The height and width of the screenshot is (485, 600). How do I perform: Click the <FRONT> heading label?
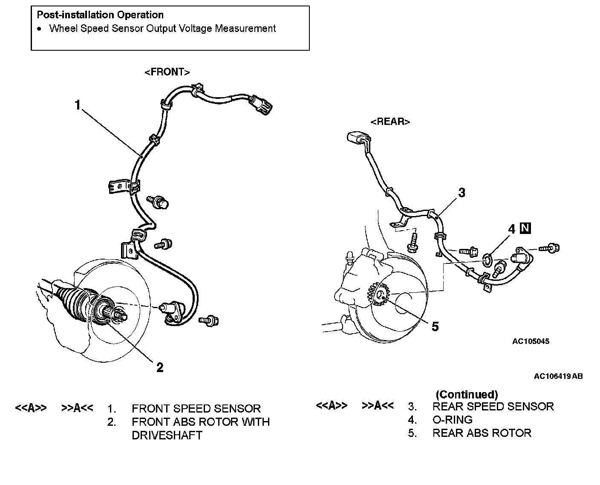click(167, 72)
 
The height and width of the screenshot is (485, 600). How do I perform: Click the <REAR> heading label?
click(390, 121)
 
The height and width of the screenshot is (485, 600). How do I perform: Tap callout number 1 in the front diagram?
click(78, 105)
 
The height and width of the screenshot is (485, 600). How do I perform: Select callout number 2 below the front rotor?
click(160, 367)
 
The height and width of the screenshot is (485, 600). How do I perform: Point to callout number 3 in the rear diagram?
click(462, 193)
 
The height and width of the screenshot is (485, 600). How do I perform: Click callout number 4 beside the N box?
click(511, 229)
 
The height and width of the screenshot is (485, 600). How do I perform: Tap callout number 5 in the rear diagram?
click(435, 327)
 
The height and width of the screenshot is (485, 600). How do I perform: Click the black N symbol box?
click(525, 228)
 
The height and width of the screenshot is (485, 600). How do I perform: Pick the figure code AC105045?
click(531, 341)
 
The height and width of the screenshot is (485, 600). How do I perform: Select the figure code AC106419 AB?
click(558, 376)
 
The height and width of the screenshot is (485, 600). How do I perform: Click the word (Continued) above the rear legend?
click(467, 394)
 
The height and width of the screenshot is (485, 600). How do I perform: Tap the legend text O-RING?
click(453, 420)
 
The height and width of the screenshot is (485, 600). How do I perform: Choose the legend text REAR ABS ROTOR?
click(482, 433)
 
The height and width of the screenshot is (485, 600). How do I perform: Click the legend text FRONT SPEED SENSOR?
click(196, 408)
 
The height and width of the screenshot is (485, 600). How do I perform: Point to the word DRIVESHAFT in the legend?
click(167, 435)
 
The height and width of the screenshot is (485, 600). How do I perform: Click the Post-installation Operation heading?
click(100, 14)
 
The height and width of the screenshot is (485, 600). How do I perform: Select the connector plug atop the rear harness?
click(358, 138)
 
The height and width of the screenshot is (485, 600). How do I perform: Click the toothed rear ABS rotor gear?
click(378, 294)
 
